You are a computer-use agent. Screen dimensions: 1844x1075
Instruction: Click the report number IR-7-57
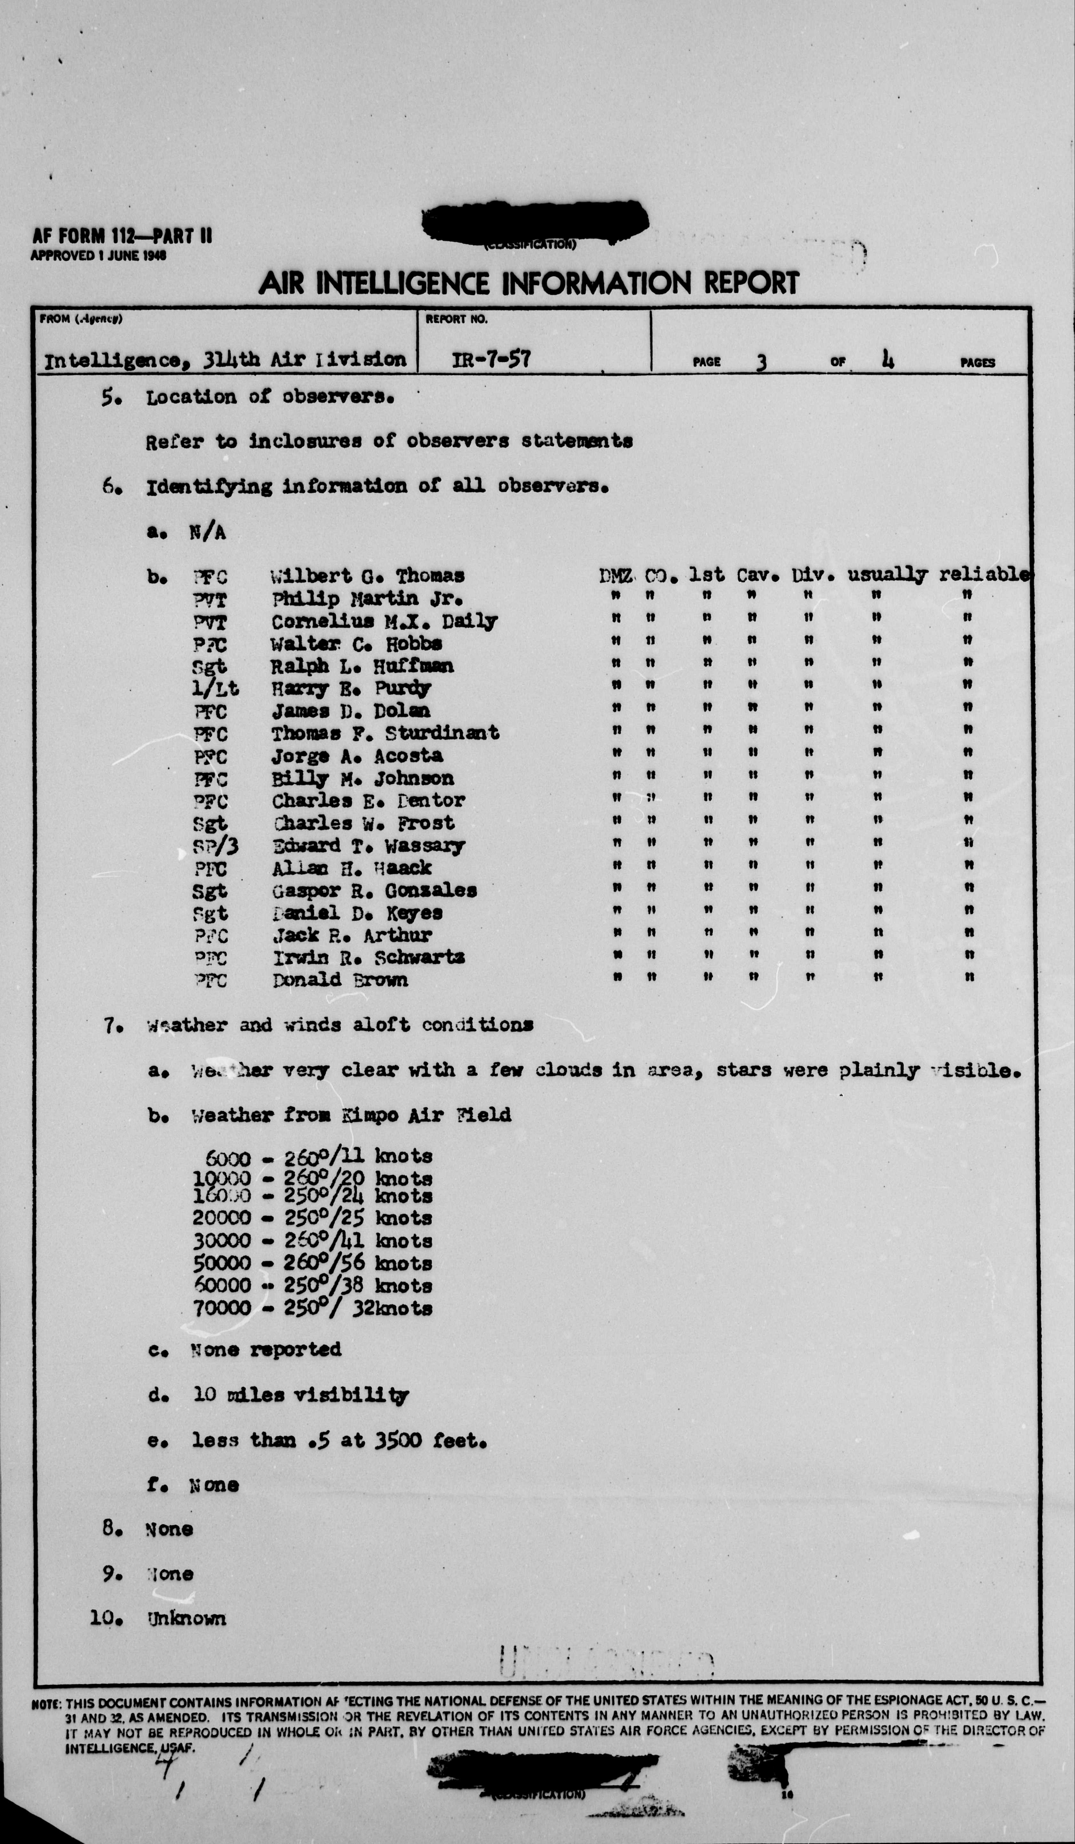(491, 359)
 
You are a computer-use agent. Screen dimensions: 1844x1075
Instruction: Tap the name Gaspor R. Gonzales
(374, 891)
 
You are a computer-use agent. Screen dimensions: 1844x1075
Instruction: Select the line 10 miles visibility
(300, 1395)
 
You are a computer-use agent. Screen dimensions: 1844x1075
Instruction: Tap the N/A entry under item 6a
(207, 532)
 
